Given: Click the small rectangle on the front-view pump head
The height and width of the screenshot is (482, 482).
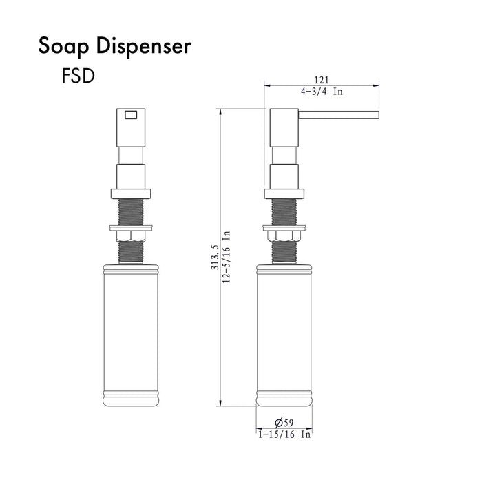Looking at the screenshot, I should (x=132, y=115).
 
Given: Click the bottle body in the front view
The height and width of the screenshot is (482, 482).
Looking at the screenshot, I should (x=131, y=331).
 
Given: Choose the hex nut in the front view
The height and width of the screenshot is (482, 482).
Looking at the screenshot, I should (x=131, y=237).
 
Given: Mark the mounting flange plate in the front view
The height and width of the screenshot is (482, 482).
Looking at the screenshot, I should (x=131, y=227).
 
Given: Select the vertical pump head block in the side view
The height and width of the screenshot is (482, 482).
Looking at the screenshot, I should (x=282, y=127).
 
